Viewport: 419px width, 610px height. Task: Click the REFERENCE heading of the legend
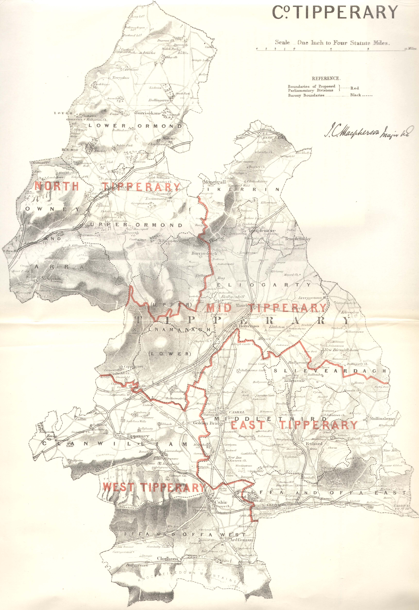pyautogui.click(x=326, y=78)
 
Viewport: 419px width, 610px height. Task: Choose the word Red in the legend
pyautogui.click(x=355, y=88)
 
